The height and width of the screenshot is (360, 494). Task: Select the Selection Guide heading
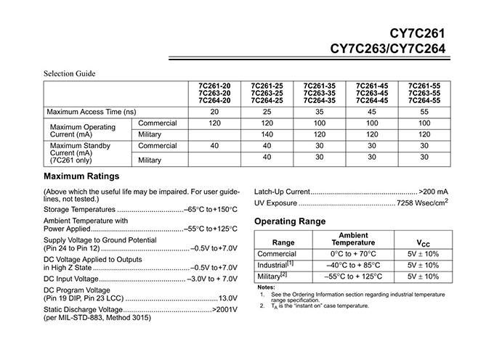(70, 73)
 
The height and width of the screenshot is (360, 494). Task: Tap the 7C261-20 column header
(214, 93)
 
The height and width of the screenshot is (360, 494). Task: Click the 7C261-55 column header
(425, 93)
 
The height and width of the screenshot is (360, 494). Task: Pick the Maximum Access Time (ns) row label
(92, 112)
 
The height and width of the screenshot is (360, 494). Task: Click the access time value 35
(320, 112)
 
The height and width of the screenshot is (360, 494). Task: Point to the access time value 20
(214, 112)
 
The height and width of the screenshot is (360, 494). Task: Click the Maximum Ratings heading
(81, 176)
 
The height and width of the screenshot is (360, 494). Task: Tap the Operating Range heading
(290, 221)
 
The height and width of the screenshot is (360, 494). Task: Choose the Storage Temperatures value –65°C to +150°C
(211, 209)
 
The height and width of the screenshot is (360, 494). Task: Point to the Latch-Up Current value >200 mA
(434, 191)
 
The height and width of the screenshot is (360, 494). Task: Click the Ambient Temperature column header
(354, 240)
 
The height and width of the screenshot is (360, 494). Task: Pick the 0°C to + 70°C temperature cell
(354, 254)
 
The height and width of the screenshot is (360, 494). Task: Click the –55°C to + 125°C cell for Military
(354, 277)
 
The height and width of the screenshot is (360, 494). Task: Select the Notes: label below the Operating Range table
(267, 287)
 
